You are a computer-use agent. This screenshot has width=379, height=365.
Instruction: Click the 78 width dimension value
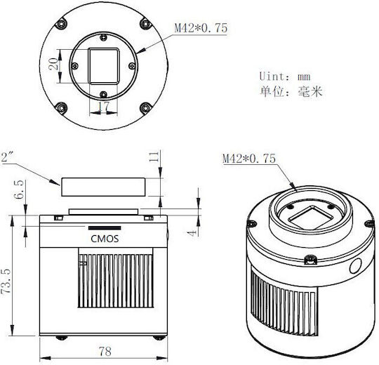coord(105,351)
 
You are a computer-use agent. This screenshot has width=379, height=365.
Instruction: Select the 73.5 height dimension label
coord(6,281)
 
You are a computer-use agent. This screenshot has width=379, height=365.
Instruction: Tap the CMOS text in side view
coord(105,239)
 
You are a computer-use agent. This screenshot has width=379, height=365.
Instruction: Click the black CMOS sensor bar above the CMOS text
coord(105,228)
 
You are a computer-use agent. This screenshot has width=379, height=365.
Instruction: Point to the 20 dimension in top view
coord(53,64)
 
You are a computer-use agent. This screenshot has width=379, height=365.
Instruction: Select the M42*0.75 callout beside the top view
coord(201,28)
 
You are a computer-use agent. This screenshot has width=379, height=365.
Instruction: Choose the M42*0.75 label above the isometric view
coord(249,159)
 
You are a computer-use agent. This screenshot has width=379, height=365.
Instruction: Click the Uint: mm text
coord(285,77)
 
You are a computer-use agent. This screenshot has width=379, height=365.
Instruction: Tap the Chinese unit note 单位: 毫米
coord(291,92)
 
